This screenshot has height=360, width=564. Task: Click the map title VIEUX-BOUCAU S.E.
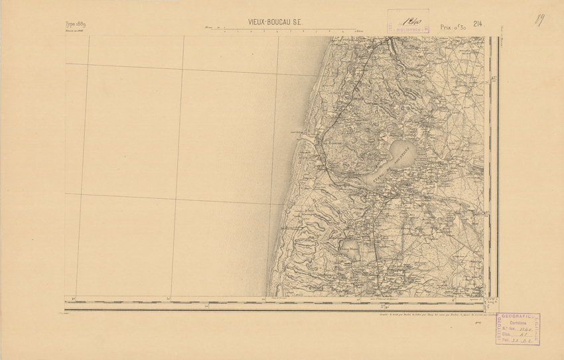(275, 22)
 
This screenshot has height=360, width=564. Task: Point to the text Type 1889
(75, 24)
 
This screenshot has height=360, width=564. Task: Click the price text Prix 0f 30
(453, 27)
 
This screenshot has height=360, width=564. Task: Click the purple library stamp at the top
(407, 21)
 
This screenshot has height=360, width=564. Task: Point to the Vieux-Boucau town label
(330, 141)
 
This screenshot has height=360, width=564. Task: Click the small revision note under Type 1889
(73, 30)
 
